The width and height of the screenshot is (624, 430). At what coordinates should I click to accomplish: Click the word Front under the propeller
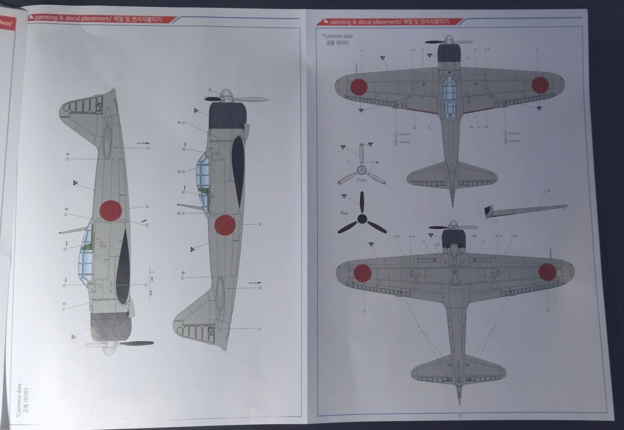362,180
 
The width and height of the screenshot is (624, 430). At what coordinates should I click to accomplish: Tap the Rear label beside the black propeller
344,213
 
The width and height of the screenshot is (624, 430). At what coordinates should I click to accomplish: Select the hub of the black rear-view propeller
362,219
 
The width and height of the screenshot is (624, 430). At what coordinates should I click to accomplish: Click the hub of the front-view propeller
361,169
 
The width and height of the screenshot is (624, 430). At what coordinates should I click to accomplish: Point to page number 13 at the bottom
460,415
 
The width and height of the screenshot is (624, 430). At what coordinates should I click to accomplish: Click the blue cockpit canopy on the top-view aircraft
449,96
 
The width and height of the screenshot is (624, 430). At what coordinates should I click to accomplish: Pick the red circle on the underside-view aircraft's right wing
547,272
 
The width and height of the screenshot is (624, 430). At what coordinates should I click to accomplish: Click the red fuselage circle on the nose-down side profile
110,210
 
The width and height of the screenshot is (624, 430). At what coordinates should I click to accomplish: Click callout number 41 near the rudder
259,329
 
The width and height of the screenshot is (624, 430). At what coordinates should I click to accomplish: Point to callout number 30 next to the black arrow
147,225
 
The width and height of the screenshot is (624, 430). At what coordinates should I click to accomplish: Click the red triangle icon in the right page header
326,22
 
